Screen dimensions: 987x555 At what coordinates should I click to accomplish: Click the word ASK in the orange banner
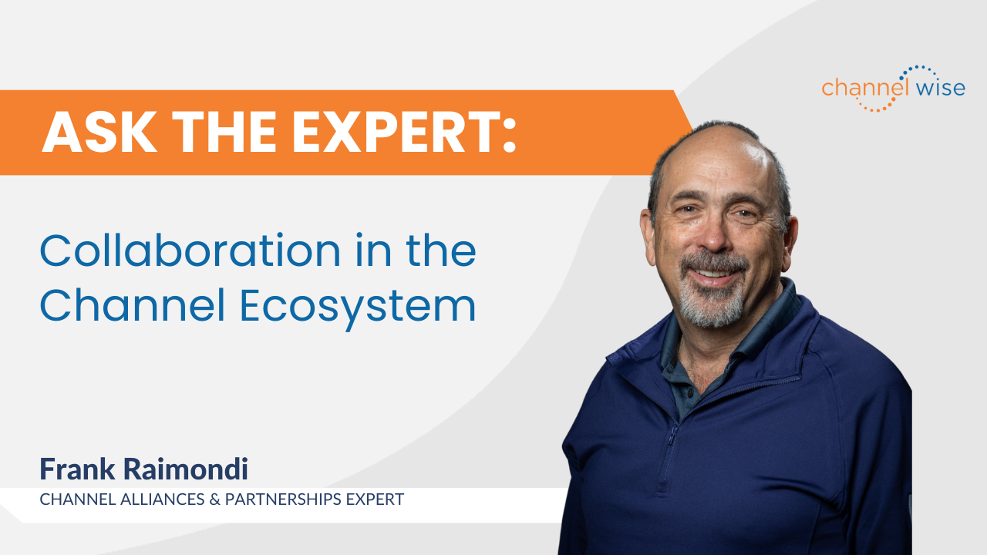(x=100, y=132)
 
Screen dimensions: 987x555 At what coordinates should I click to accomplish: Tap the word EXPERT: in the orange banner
(x=405, y=132)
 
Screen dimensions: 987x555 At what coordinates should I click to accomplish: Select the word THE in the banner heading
(x=224, y=132)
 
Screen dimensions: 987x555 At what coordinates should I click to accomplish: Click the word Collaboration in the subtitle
(x=190, y=251)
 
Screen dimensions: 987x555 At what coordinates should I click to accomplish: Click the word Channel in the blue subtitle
(x=133, y=304)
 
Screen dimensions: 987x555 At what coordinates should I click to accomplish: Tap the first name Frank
(x=77, y=469)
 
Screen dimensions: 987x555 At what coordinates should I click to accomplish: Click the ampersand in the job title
(x=214, y=499)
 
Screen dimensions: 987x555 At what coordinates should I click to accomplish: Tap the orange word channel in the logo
(x=866, y=87)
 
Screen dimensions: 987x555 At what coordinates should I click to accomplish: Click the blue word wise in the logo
(x=941, y=87)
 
